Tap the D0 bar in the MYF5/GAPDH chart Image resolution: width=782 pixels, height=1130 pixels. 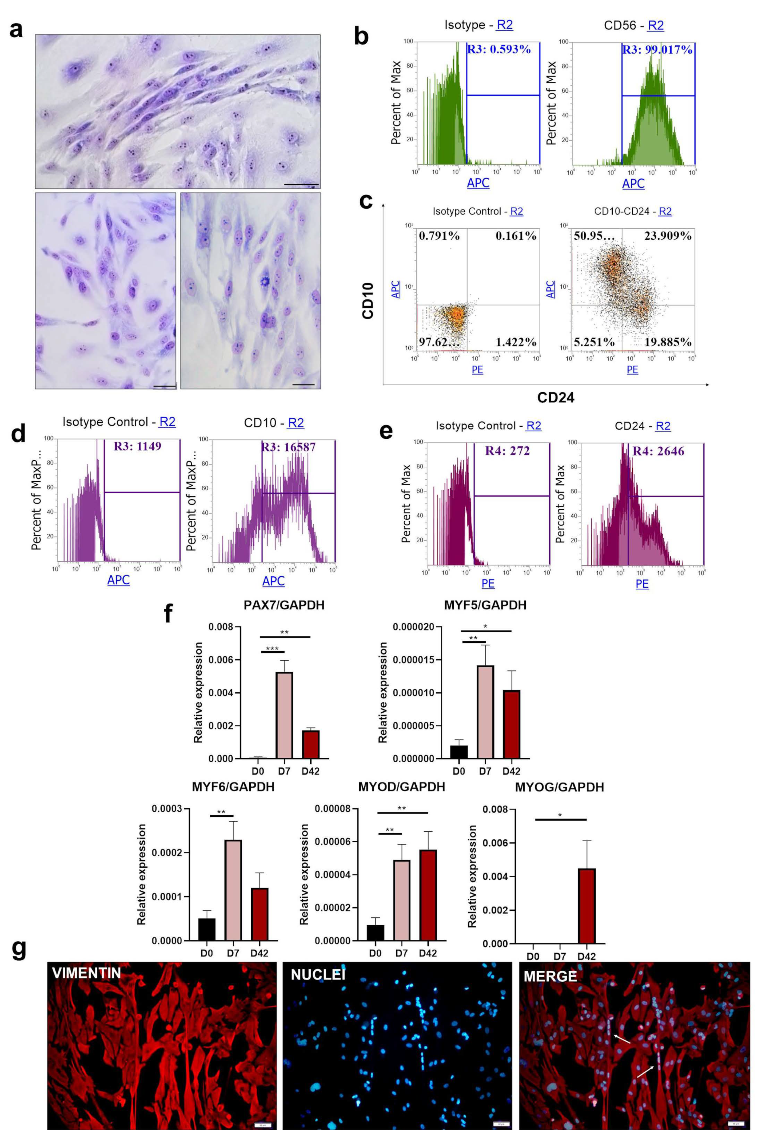(x=459, y=752)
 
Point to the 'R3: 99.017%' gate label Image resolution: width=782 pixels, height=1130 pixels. (x=657, y=50)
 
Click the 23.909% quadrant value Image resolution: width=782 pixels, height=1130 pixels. (x=667, y=236)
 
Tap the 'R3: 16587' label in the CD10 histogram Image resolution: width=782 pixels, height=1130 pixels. (x=288, y=447)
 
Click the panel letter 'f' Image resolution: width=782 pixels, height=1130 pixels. (x=168, y=613)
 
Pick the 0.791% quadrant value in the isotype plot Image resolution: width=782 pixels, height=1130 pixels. (x=439, y=236)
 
